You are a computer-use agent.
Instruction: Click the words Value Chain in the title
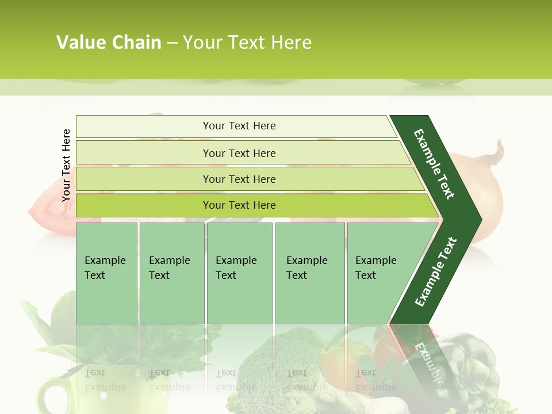pos(109,43)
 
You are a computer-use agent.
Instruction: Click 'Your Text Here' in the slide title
pos(247,43)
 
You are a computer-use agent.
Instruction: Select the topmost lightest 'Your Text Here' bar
pos(239,126)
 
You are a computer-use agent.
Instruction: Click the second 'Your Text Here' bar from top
pos(239,153)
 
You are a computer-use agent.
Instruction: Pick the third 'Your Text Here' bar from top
pos(239,179)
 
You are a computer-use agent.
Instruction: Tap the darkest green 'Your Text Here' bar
pos(239,205)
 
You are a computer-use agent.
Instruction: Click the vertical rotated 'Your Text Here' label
pos(66,165)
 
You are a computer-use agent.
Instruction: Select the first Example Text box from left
pos(106,273)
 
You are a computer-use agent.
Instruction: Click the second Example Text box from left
pos(171,273)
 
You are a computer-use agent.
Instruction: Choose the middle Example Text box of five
pos(239,273)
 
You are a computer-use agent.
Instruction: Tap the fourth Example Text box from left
pos(309,273)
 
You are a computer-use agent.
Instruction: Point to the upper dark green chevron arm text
pos(434,164)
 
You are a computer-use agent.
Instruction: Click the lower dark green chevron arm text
pos(435,272)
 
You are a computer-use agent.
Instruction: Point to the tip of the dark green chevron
pos(480,219)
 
